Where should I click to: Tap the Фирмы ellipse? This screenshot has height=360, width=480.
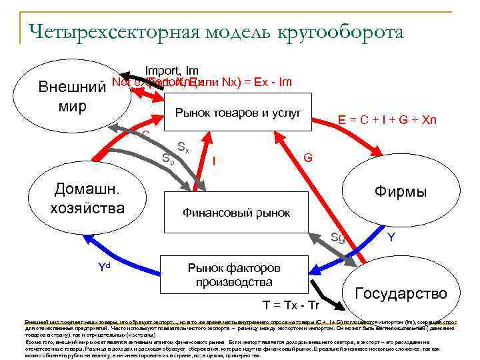[400, 192]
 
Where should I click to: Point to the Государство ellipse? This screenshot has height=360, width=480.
[401, 293]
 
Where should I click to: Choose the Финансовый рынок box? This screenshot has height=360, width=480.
[237, 213]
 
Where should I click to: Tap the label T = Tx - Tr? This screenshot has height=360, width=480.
[291, 305]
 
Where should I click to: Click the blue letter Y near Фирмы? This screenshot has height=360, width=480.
[393, 237]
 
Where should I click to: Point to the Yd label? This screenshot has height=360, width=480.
[104, 268]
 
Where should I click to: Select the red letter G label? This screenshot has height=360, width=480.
[308, 158]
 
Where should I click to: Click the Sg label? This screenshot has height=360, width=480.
[338, 237]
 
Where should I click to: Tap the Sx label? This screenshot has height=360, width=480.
[183, 147]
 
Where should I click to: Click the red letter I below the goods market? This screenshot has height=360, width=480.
[213, 160]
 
